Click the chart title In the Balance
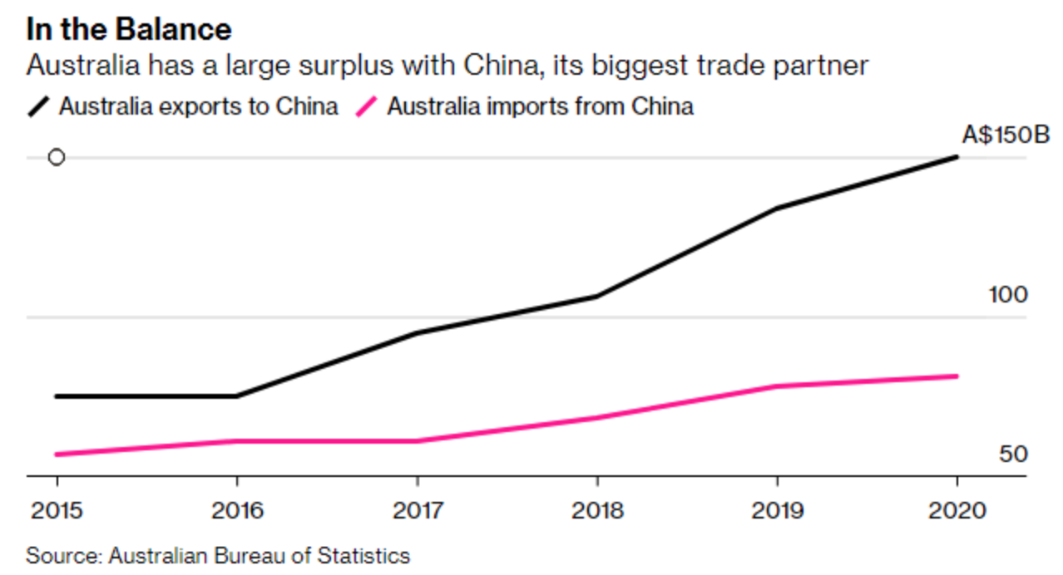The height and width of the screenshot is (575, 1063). (129, 30)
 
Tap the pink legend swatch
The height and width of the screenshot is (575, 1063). (367, 107)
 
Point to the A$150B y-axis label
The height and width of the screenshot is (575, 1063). (1006, 135)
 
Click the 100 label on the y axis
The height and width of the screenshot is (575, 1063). (1008, 295)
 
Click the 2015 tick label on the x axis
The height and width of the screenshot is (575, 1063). (57, 509)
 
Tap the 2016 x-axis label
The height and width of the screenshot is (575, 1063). (237, 509)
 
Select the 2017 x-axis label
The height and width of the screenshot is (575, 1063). (417, 509)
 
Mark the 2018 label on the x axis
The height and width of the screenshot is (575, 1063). (597, 509)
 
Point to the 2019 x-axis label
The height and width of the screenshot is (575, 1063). (777, 509)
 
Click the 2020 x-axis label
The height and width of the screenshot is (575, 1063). (957, 509)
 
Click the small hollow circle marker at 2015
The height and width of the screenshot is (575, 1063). (57, 157)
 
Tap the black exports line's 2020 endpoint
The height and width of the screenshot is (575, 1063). (957, 157)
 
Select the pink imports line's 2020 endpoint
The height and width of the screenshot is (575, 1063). (957, 376)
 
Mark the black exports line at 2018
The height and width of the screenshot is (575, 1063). (597, 296)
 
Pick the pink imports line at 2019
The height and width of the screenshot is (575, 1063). (777, 386)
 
